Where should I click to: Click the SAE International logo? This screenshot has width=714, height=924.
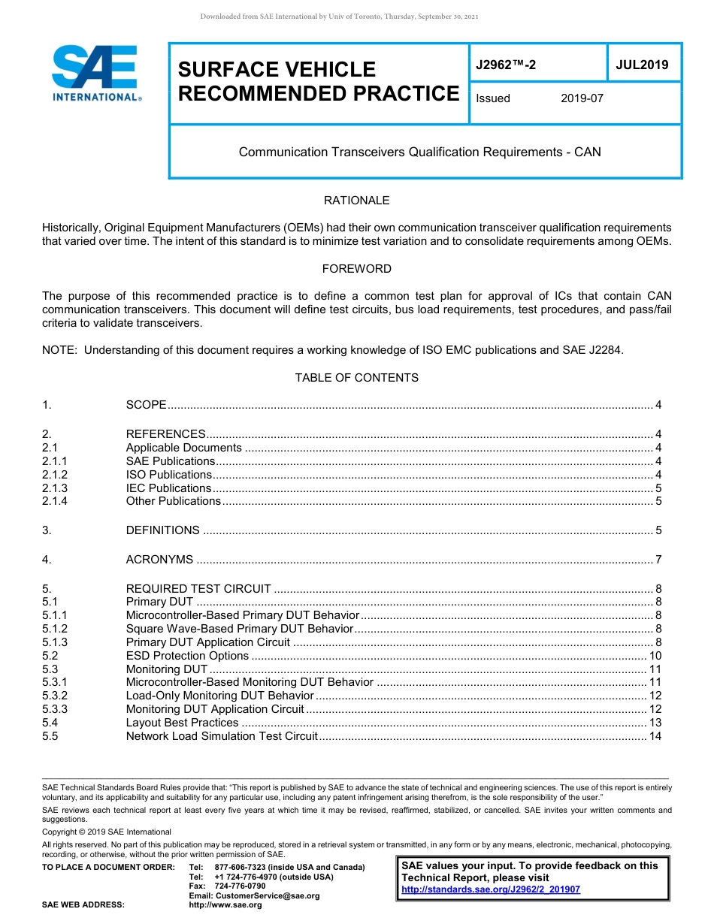(x=95, y=73)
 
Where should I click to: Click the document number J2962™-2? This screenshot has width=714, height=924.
(x=506, y=65)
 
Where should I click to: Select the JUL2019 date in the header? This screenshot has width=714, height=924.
(x=642, y=65)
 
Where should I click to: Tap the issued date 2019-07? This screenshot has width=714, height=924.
(x=582, y=98)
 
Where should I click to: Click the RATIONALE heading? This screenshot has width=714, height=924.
(x=356, y=201)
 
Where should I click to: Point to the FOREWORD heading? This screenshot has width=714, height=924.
(x=356, y=269)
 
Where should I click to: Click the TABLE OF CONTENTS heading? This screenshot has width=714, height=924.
(x=356, y=378)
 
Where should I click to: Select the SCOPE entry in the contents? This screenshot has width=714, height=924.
(x=146, y=405)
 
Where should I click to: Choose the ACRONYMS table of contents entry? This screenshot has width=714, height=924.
(x=159, y=560)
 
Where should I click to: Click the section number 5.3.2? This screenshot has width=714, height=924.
(x=55, y=696)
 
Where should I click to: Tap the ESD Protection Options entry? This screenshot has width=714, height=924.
(x=187, y=656)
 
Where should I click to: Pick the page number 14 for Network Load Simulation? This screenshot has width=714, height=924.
(x=655, y=736)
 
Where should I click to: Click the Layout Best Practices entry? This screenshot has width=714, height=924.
(x=182, y=723)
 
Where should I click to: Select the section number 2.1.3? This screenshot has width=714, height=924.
(x=55, y=488)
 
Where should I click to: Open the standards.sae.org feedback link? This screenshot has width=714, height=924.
(x=491, y=889)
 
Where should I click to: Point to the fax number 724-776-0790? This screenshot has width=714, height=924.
(x=240, y=886)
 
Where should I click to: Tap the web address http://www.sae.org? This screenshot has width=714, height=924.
(x=225, y=905)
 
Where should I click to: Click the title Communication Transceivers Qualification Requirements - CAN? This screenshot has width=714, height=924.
(x=419, y=152)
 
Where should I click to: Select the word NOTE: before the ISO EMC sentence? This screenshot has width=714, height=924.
(x=59, y=350)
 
